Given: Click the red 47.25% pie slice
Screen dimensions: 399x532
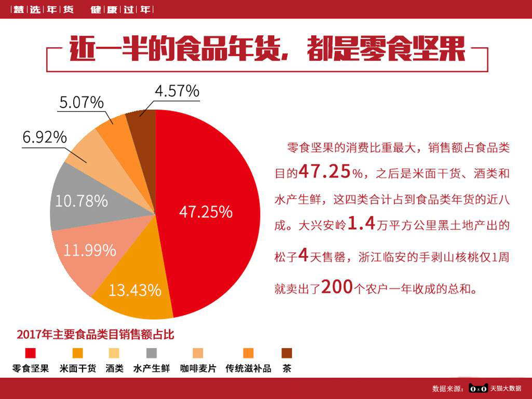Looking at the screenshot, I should [208, 208].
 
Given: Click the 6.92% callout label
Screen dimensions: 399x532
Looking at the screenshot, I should [44, 137].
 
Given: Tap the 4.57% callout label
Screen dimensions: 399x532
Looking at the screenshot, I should [176, 91].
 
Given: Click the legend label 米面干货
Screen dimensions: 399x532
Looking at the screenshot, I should [78, 369].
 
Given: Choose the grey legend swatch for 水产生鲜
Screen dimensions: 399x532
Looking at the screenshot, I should [152, 353].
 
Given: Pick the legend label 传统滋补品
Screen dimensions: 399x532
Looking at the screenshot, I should [248, 369].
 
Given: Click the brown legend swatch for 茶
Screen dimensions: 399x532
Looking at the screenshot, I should [287, 353].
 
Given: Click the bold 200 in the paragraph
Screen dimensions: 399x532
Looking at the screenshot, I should [337, 287].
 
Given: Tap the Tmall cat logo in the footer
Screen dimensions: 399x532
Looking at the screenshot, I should [478, 388].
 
